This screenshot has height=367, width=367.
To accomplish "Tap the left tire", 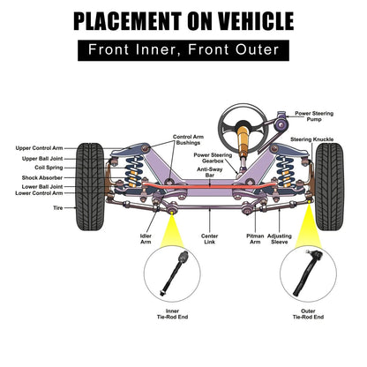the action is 90,187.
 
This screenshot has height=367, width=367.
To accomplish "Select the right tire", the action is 329,187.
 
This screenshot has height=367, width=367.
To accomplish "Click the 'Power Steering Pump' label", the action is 314,116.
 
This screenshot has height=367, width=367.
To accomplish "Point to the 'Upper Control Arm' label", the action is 39,148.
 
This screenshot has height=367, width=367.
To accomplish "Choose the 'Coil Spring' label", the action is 49,168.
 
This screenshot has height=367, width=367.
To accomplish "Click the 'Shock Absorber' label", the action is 42,177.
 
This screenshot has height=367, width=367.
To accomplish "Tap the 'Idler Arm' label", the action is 146,239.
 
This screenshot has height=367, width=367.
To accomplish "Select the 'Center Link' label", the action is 210,239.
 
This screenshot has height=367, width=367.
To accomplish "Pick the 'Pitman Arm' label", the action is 255,239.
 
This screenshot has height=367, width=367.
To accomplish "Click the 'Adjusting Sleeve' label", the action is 280,239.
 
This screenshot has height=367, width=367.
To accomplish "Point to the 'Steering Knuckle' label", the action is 312,139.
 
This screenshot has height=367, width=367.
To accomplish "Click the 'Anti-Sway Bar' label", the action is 210,172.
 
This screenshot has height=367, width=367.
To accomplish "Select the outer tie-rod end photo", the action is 308,273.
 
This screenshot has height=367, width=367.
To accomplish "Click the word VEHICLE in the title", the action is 257,21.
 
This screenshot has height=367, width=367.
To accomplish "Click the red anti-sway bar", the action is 209,186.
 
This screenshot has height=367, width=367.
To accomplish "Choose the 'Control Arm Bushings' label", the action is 188,139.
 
